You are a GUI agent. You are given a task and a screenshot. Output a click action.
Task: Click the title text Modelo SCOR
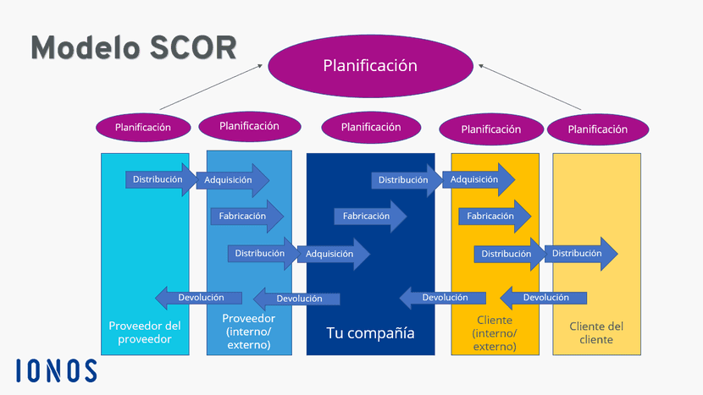134,47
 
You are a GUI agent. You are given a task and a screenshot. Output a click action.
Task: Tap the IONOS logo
57,370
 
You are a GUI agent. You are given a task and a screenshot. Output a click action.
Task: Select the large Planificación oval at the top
370,65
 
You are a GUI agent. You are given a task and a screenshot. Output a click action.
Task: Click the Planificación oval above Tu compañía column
371,127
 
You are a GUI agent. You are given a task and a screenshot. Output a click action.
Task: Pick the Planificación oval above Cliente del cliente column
598,129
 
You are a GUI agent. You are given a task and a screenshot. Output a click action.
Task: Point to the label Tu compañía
370,332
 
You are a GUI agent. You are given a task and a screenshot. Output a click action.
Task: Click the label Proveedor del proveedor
146,332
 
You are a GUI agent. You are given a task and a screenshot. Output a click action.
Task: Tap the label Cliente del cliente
596,332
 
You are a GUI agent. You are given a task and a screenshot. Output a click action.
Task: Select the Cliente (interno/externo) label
495,333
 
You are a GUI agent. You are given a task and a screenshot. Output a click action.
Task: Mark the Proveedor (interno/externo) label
249,332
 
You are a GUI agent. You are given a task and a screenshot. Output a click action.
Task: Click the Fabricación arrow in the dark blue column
369,217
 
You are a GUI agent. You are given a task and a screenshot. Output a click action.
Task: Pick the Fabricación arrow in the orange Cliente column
494,217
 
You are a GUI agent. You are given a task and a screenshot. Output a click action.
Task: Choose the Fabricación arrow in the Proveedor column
246,217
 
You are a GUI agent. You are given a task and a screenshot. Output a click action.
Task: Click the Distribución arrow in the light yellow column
580,253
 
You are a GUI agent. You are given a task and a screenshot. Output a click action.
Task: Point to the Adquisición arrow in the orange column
479,179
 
